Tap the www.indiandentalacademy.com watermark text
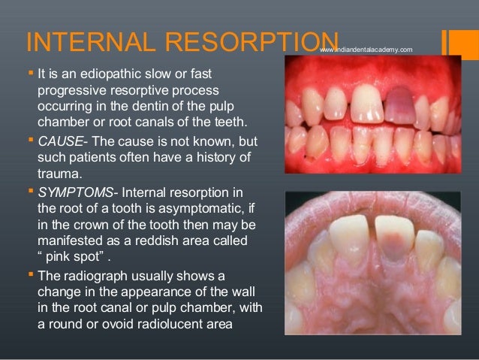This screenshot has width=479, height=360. coord(366,50)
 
